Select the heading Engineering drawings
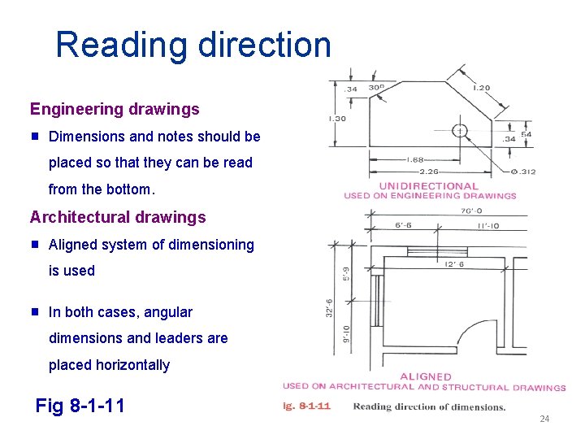point(115,109)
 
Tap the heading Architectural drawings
point(118,218)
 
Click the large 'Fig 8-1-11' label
point(80,405)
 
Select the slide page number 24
point(544,419)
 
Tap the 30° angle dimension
point(376,88)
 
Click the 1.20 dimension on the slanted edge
point(481,88)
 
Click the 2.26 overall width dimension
point(429,171)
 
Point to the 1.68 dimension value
point(418,159)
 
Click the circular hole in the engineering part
point(460,130)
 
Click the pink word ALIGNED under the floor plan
point(425,376)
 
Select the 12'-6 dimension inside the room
point(453,263)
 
